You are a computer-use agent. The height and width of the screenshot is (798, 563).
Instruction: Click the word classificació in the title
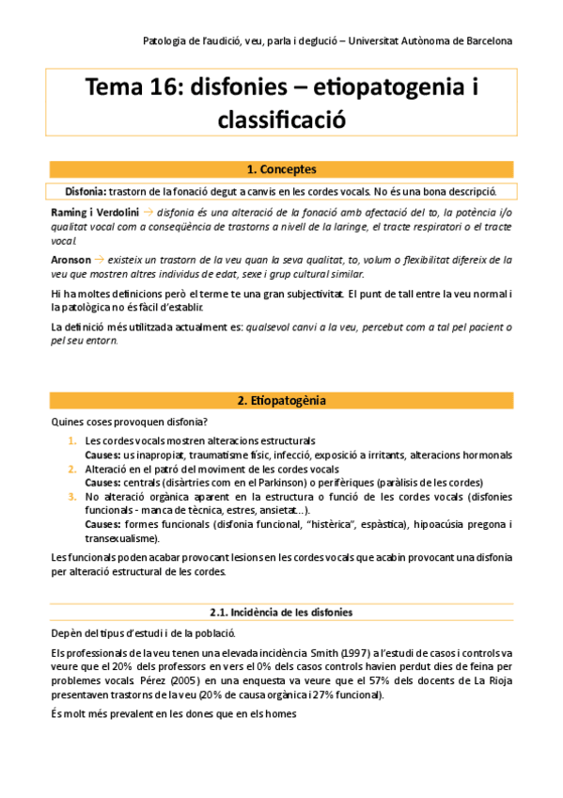(x=281, y=120)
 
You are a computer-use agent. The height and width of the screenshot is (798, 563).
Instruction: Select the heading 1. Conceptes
(x=281, y=169)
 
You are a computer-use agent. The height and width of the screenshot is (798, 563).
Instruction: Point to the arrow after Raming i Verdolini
(x=149, y=212)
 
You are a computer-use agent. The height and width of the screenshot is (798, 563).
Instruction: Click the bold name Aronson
(x=71, y=258)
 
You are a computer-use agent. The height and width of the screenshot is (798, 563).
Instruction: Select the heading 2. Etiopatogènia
(x=281, y=400)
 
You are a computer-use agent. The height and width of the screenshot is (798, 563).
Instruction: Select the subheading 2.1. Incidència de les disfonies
(x=281, y=612)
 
